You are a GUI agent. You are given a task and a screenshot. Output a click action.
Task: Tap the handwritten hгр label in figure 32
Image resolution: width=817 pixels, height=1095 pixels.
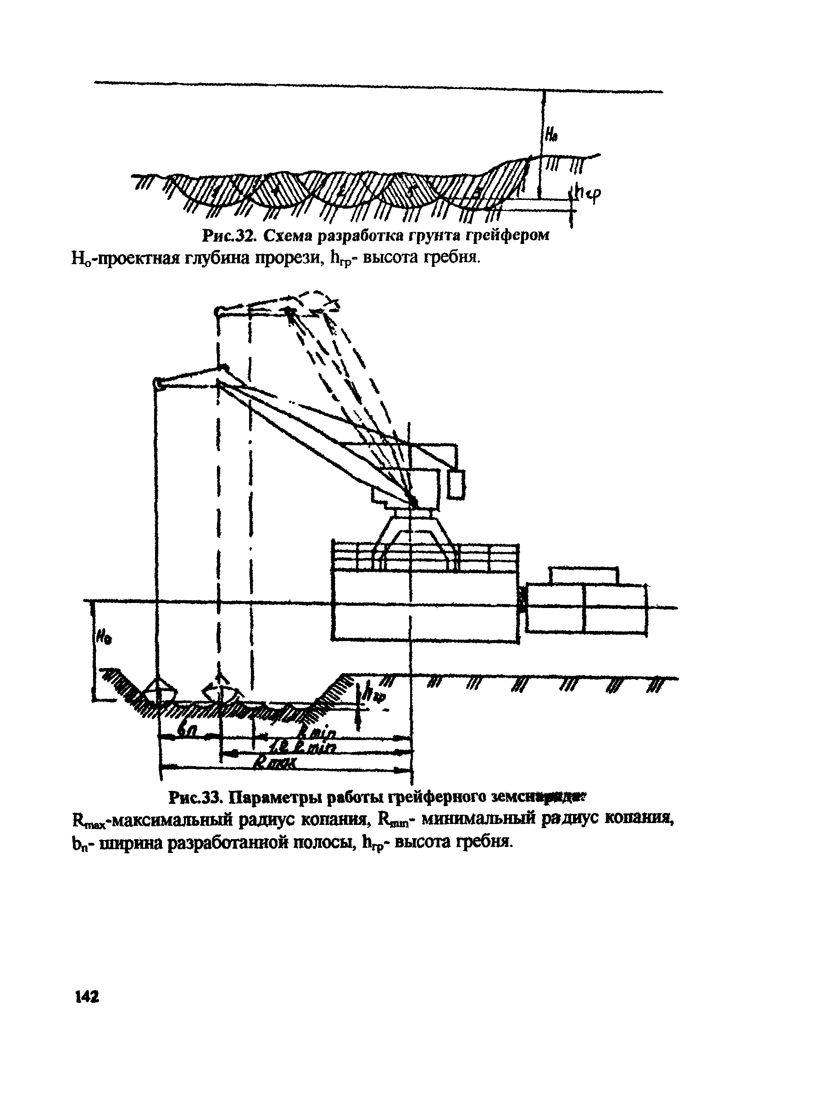pos(589,194)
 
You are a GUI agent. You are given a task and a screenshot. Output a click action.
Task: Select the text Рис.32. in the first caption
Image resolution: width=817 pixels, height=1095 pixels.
pos(228,236)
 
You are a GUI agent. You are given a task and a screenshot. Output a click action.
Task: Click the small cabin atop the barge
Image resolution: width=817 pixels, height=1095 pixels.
pos(583,575)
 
